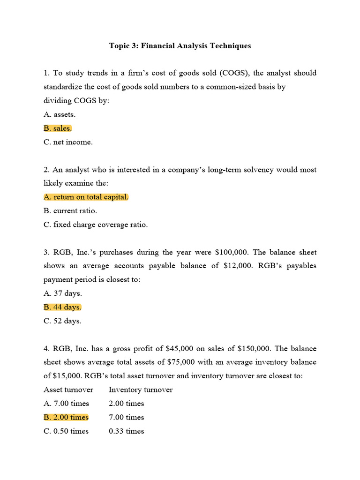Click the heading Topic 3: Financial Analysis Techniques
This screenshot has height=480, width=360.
[180, 45]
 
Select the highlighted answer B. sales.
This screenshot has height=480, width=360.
[58, 128]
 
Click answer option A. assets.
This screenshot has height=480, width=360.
[60, 114]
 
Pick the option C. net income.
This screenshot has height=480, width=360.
[68, 142]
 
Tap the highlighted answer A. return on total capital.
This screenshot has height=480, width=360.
[86, 197]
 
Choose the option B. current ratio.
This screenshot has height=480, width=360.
[70, 211]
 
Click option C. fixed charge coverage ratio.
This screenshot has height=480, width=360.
[96, 225]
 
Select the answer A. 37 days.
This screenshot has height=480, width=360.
[62, 293]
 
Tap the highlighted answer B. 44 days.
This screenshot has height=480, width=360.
[62, 307]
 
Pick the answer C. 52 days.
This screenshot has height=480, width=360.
[62, 321]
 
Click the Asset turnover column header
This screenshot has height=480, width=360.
[68, 390]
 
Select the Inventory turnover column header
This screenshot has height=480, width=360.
[141, 390]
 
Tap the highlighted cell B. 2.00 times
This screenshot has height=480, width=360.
[66, 417]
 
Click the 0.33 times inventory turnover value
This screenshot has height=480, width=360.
[126, 431]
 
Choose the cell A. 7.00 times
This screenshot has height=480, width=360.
[66, 403]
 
